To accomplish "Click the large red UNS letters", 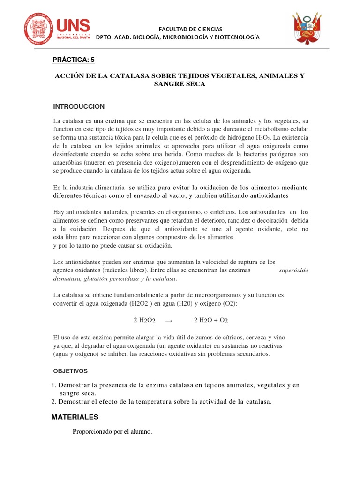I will [x=73, y=26].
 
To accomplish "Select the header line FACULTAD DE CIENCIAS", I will [x=178, y=29].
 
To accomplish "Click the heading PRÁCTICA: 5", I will [x=76, y=60].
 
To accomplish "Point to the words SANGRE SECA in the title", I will [x=180, y=84].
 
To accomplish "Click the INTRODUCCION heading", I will [x=79, y=106].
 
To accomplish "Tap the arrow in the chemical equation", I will [x=170, y=320].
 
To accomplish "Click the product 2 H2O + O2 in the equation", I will [x=211, y=320].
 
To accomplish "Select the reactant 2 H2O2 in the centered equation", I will [x=144, y=320].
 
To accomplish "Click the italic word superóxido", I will [x=293, y=270].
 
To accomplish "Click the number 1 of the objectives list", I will [x=54, y=385].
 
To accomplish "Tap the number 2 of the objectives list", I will [x=54, y=401].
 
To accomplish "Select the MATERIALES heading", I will [x=75, y=417].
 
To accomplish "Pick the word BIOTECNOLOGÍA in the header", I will [x=237, y=37].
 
